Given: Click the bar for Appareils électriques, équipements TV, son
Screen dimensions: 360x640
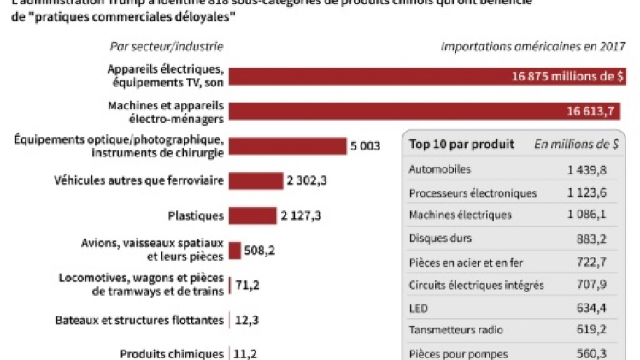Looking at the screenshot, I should pyautogui.click(x=427, y=76).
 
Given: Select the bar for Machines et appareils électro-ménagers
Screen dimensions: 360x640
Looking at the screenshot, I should pyautogui.click(x=427, y=111).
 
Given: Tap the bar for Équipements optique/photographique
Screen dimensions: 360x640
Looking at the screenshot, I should pyautogui.click(x=286, y=146).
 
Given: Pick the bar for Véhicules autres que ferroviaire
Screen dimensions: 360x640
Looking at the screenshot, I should pyautogui.click(x=255, y=180).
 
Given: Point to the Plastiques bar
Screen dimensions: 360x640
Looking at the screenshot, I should pyautogui.click(x=252, y=215).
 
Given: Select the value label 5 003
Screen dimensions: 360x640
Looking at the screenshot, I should pyautogui.click(x=364, y=146).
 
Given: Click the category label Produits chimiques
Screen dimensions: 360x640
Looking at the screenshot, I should pyautogui.click(x=171, y=353).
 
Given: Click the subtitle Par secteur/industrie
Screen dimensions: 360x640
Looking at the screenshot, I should pyautogui.click(x=161, y=46).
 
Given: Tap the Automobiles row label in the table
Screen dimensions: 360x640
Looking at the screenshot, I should pyautogui.click(x=440, y=170).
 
